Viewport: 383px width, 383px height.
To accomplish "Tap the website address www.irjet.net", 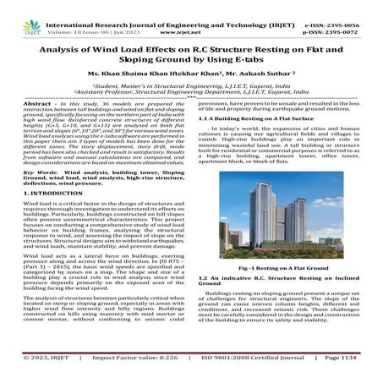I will (x=189, y=16).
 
